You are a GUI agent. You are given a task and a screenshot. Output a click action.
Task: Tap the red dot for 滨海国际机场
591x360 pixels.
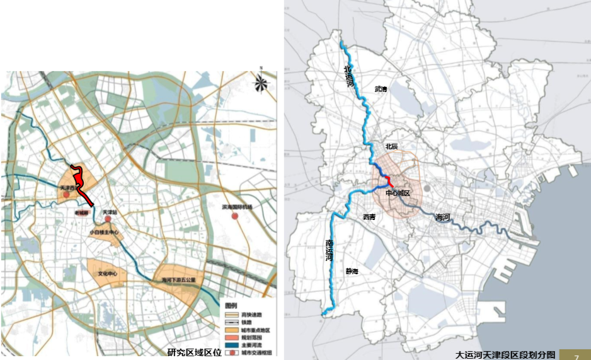(x=235, y=216)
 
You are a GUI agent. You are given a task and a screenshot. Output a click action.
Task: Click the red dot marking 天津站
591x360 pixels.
(x=108, y=219)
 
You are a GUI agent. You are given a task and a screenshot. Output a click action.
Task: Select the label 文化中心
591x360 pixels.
(x=108, y=274)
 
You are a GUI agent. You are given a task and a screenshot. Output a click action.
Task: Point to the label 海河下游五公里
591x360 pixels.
(x=179, y=279)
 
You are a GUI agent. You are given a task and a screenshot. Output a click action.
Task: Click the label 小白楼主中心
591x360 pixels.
(x=104, y=232)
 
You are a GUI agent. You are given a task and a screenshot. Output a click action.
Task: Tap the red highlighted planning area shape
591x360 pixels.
(x=83, y=184)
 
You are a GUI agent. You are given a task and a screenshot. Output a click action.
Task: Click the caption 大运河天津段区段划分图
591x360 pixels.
(x=505, y=355)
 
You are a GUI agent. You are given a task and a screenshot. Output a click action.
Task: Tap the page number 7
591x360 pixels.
(x=576, y=356)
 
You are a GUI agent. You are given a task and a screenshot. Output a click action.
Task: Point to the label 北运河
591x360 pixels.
(x=348, y=77)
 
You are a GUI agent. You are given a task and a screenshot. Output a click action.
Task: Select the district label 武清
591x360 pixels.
(x=381, y=90)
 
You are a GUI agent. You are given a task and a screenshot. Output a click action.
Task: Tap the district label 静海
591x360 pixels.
(x=352, y=272)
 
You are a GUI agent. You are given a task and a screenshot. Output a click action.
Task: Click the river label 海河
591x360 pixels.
(x=443, y=217)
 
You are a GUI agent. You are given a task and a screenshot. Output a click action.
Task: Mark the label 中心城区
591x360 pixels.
(x=398, y=194)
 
